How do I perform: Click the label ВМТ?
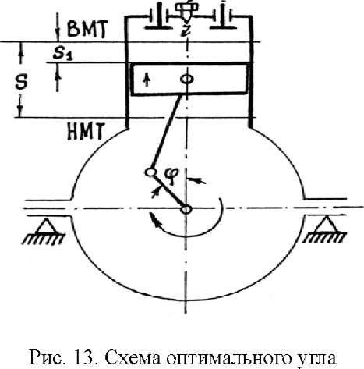(87, 29)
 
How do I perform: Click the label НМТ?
(86, 131)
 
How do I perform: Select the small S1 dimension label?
(63, 54)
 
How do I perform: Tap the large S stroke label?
(21, 83)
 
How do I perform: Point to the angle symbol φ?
(172, 176)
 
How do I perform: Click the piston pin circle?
(187, 79)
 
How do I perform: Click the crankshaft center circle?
(186, 209)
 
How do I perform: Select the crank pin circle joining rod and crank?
(150, 172)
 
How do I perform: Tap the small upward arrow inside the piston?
(147, 80)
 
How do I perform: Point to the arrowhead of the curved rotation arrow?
(155, 222)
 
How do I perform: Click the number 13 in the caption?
(83, 358)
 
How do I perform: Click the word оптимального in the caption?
(228, 359)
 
